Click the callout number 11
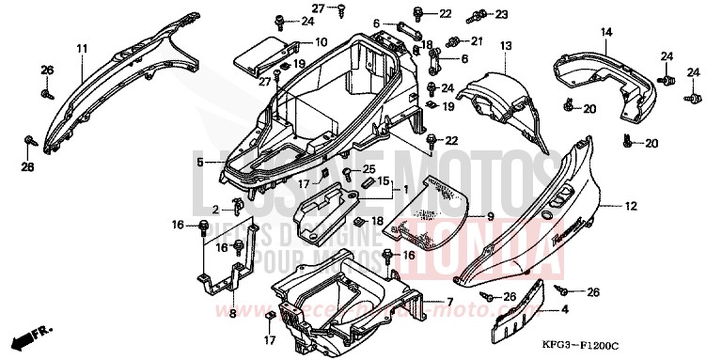[x=82, y=48]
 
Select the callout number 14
[x=606, y=32]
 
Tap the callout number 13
[x=505, y=45]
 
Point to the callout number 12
[x=629, y=204]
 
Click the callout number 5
[x=199, y=163]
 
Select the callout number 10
[x=321, y=41]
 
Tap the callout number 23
[x=500, y=14]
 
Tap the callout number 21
[x=476, y=40]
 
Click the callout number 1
[x=406, y=189]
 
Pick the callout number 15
[x=383, y=180]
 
